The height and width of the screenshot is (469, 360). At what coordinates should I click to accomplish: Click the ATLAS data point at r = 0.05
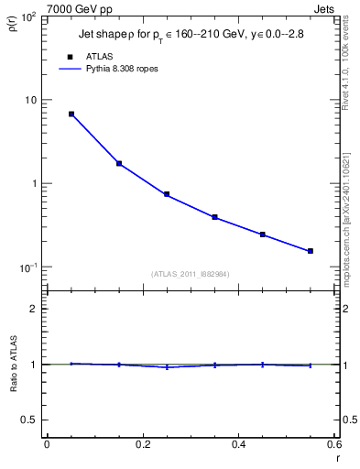pyautogui.click(x=71, y=115)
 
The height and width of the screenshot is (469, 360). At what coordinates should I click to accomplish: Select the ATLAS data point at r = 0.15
pyautogui.click(x=119, y=164)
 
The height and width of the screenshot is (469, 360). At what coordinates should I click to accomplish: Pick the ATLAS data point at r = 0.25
pyautogui.click(x=167, y=194)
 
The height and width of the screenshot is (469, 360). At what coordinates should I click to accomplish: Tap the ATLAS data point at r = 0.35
pyautogui.click(x=214, y=217)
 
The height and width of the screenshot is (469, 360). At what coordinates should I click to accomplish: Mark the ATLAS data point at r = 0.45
pyautogui.click(x=263, y=234)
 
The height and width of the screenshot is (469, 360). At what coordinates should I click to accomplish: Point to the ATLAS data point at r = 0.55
pyautogui.click(x=311, y=251)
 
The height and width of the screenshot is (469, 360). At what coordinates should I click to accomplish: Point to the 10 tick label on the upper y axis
pyautogui.click(x=30, y=100)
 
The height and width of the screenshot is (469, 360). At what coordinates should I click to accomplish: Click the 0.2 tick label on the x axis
pyautogui.click(x=142, y=445)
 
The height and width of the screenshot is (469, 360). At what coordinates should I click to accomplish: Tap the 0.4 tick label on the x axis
pyautogui.click(x=238, y=445)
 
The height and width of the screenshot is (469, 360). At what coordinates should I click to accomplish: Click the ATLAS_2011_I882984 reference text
pyautogui.click(x=190, y=273)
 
